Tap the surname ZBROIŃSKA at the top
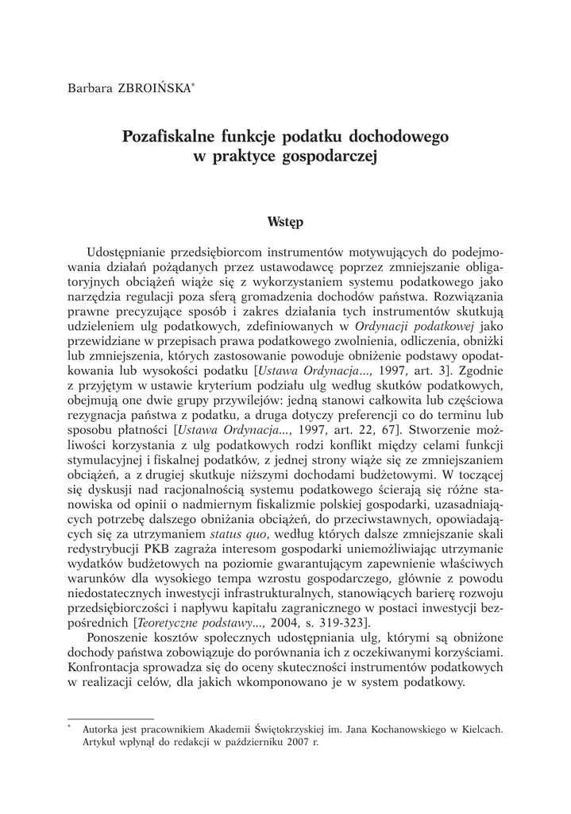pos(154,87)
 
